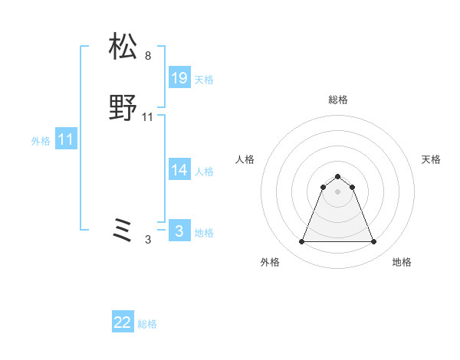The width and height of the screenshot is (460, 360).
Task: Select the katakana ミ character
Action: click(123, 231)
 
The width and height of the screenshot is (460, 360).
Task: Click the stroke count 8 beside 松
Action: click(148, 56)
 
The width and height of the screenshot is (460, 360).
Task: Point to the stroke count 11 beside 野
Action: click(148, 117)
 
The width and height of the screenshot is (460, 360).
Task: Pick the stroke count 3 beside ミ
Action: click(148, 240)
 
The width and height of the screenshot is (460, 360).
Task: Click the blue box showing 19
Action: click(179, 78)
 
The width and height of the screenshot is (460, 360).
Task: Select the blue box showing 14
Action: click(179, 170)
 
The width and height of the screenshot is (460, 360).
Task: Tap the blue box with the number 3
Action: click(179, 231)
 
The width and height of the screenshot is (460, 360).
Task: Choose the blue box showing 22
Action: click(123, 322)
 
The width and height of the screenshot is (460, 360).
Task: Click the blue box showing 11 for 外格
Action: click(65, 139)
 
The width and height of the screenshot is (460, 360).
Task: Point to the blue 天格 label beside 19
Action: click(204, 80)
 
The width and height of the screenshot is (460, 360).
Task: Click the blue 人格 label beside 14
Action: click(204, 172)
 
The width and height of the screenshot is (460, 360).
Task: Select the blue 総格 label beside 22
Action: click(147, 324)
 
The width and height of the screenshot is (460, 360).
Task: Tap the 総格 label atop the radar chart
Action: click(338, 100)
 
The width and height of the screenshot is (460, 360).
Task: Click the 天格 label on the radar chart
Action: click(431, 159)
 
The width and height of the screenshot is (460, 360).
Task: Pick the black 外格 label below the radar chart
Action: click(270, 262)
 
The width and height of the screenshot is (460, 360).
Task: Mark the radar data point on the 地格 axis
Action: click(374, 242)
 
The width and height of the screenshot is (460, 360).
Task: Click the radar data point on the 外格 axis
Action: click(301, 242)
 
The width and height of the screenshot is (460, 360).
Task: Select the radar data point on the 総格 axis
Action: click(338, 177)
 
